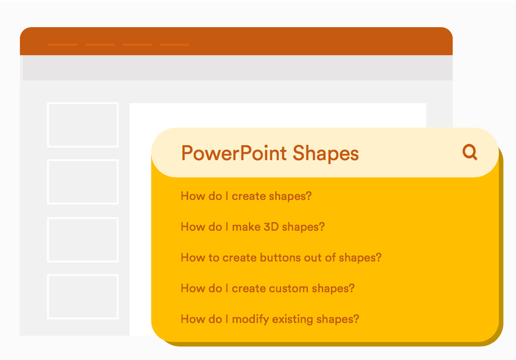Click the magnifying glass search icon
tap(470, 152)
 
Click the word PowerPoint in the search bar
tap(234, 154)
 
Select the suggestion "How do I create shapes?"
tap(246, 196)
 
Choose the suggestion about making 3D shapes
tap(253, 227)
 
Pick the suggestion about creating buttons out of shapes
tap(281, 258)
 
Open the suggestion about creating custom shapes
tap(268, 288)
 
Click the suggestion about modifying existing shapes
tap(269, 319)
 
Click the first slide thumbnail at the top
tap(83, 125)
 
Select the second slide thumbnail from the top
tap(83, 182)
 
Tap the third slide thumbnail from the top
tap(83, 239)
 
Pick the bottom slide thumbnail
tap(83, 296)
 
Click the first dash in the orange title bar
tap(63, 45)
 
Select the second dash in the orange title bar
tap(100, 45)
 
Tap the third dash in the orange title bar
tap(137, 45)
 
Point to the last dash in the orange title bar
tap(174, 45)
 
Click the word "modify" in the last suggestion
tap(248, 319)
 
